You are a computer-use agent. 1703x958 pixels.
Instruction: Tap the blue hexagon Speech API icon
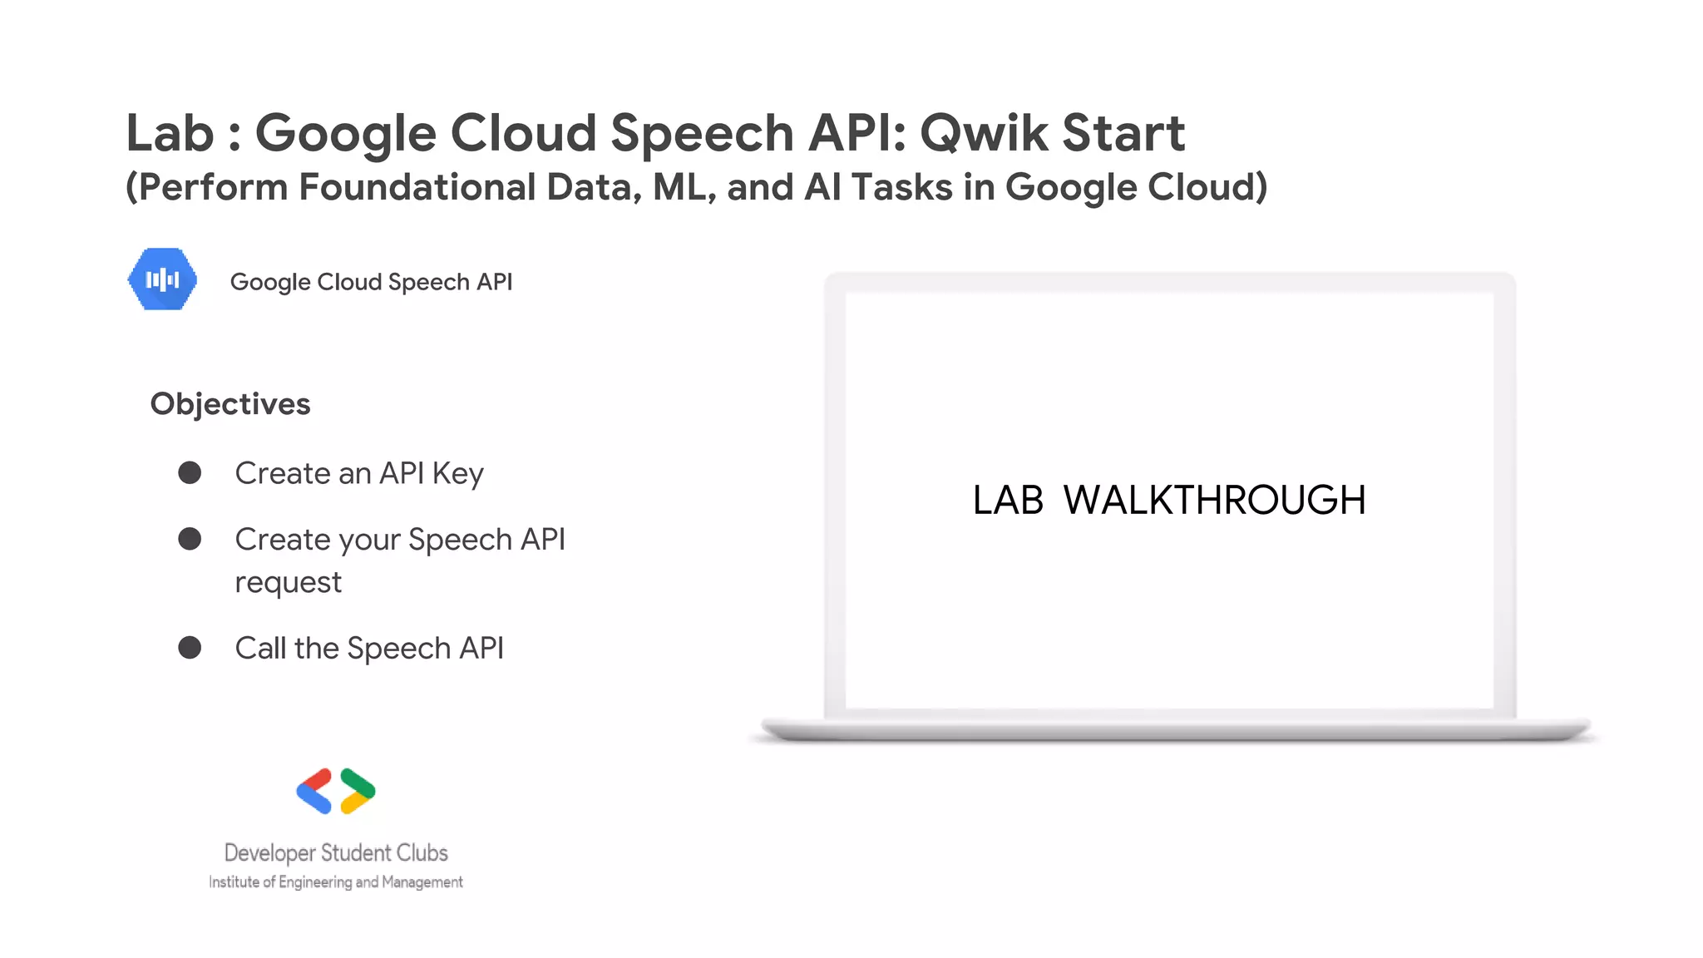163,279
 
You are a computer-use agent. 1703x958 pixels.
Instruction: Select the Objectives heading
230,404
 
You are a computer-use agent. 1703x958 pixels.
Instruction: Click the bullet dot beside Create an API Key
190,473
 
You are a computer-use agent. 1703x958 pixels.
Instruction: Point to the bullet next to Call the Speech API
190,648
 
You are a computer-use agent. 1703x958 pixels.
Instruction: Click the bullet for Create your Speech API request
190,539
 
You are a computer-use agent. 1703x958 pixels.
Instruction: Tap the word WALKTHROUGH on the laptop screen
1214,501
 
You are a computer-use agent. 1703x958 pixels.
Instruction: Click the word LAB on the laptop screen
1008,501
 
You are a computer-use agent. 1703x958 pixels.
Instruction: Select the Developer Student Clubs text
336,852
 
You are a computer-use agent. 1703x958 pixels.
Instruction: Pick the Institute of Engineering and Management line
336,881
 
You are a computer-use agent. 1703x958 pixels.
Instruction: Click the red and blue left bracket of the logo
314,791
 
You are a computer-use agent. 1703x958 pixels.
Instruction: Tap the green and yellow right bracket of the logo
358,791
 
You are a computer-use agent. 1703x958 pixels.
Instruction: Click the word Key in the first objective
457,474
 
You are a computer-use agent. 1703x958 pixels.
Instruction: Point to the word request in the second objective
288,583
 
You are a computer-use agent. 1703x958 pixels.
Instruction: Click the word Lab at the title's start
170,133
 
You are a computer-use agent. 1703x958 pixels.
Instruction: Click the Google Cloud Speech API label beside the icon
371,282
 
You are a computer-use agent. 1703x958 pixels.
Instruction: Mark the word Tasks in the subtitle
902,187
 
